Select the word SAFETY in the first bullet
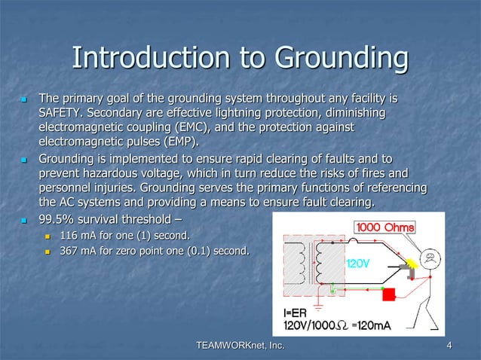tap(63, 112)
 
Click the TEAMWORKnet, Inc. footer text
tap(240, 346)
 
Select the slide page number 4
tap(449, 346)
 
